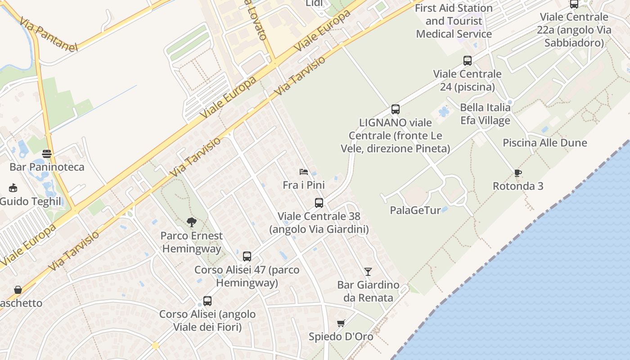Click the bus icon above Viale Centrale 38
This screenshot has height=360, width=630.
point(319,202)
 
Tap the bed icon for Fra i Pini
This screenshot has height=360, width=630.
point(304,172)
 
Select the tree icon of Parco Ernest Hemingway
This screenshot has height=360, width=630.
point(192,222)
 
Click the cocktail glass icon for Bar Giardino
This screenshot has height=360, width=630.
point(368,271)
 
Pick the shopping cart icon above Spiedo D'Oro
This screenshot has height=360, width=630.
point(341,323)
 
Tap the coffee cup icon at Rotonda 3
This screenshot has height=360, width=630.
point(517,173)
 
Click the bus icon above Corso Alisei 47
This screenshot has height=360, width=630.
point(247,256)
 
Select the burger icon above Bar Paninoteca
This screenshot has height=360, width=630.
point(47,153)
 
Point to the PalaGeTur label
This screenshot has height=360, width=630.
point(415,210)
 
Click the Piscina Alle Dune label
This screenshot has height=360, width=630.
point(544,143)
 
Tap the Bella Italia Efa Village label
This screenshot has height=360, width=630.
point(485,114)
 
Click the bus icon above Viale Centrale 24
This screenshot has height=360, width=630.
point(468,60)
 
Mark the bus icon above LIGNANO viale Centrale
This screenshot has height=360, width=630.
point(396,109)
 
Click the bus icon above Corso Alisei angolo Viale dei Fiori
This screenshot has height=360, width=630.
point(207,301)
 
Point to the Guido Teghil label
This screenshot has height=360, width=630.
point(30,201)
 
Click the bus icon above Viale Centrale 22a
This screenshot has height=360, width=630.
point(574,4)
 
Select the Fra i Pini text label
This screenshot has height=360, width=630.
point(304,185)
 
